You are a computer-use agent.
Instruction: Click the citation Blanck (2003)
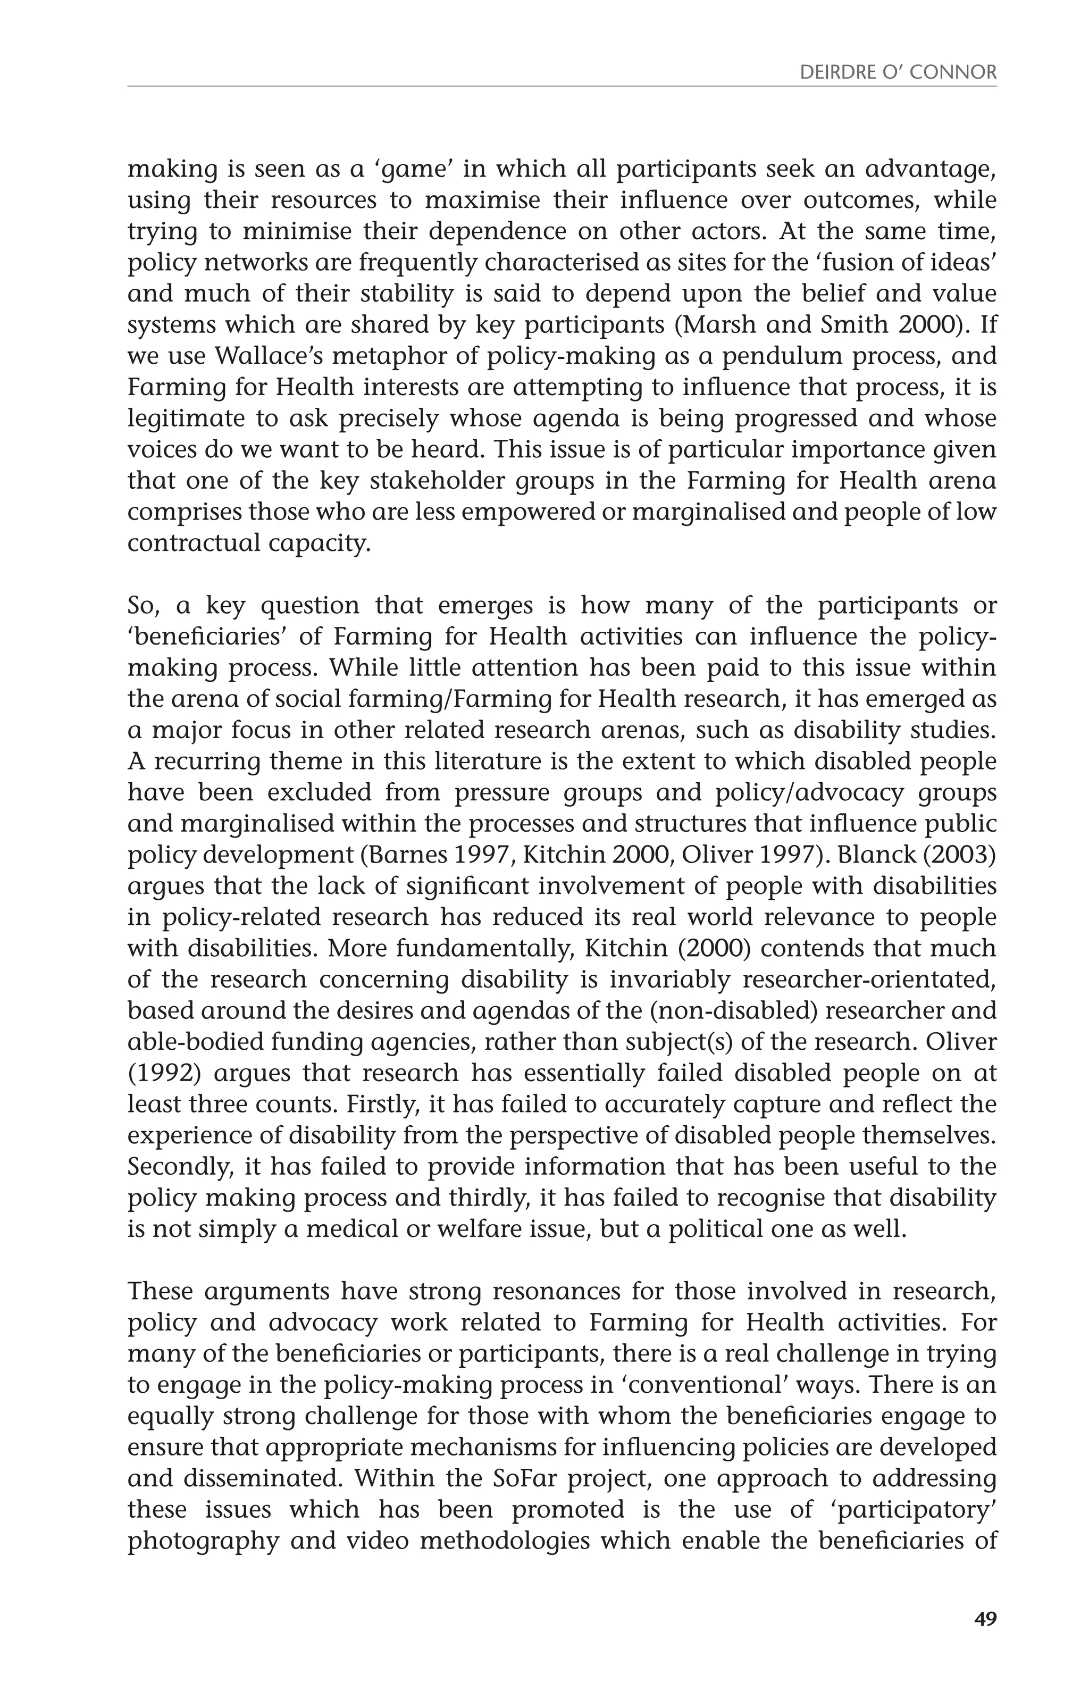[917, 855]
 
